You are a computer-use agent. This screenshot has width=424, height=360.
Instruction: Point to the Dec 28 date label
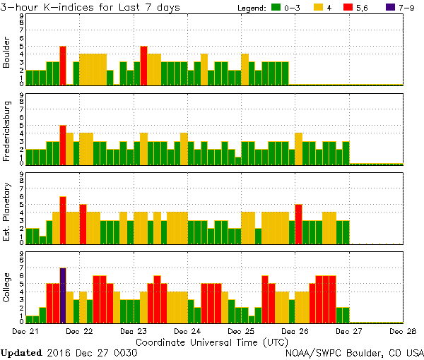tap(401, 330)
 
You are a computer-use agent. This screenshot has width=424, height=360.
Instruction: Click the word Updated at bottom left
tap(21, 352)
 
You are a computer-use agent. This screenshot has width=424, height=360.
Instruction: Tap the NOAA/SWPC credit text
tap(353, 352)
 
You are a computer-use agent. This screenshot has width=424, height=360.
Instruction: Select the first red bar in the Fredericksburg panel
tap(63, 145)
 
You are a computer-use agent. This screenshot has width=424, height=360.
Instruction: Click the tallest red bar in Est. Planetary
tap(63, 220)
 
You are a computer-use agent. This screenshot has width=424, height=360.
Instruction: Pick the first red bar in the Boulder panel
tap(63, 65)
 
